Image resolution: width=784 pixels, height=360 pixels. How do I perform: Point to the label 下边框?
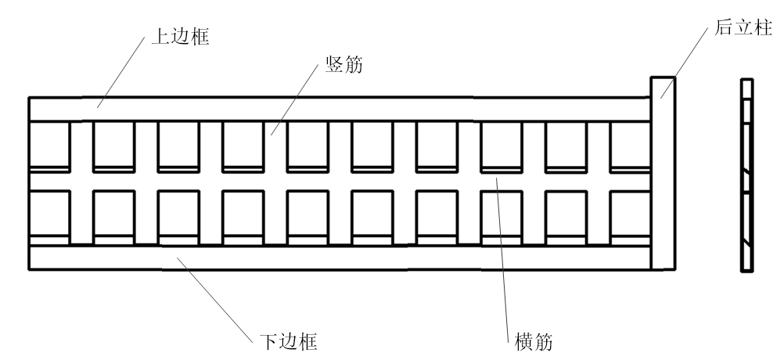[288, 341]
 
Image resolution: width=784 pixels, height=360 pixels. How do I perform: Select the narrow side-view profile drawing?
[746, 175]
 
